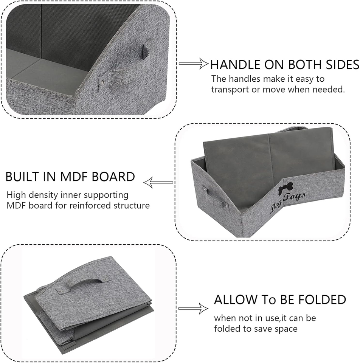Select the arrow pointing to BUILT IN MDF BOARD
(158, 183)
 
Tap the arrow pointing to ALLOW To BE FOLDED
(193, 309)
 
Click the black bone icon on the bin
(286, 189)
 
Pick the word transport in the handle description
(229, 90)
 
